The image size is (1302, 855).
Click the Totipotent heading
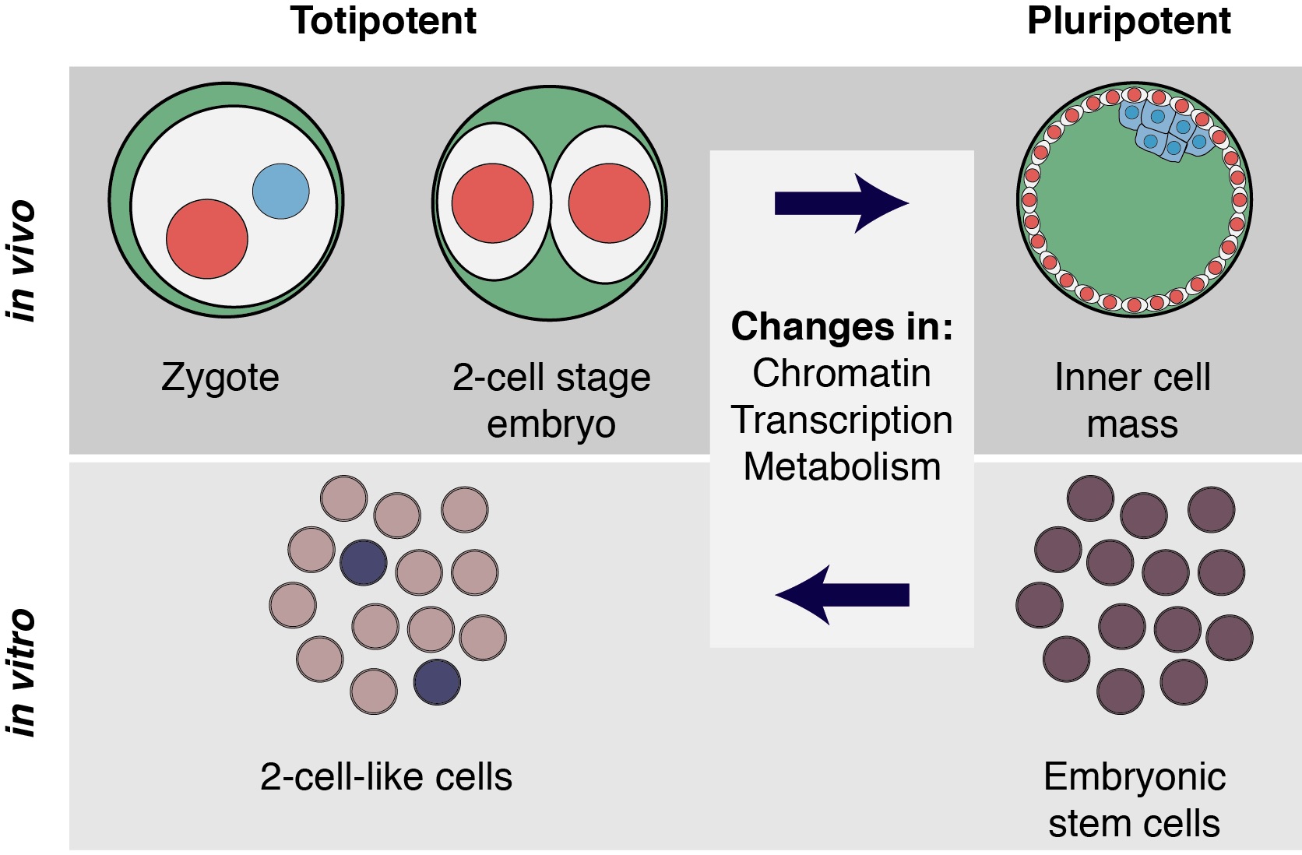coord(383,21)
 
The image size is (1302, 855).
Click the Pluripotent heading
coord(1128,21)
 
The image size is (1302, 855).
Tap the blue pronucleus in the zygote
coord(281,191)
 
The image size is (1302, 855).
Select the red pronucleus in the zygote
coord(207,238)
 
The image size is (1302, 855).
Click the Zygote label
coord(220,378)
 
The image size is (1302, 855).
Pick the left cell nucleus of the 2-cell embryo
coord(492,203)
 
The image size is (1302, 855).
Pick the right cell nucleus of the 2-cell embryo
coord(609,203)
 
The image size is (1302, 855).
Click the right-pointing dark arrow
coord(841,203)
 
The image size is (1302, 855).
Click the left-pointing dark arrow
coord(841,595)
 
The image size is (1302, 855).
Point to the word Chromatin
coord(841,373)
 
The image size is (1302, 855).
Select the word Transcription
coord(841,420)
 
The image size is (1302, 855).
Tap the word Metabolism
coord(841,466)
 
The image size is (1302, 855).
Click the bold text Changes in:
coord(841,326)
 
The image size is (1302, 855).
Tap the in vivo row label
coord(22,261)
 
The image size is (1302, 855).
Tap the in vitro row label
coord(22,673)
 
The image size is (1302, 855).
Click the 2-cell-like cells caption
coord(386,776)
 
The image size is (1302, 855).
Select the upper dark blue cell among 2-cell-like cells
coord(364,562)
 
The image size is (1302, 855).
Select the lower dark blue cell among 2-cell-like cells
coord(437,682)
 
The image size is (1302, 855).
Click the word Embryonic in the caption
coord(1135,776)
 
